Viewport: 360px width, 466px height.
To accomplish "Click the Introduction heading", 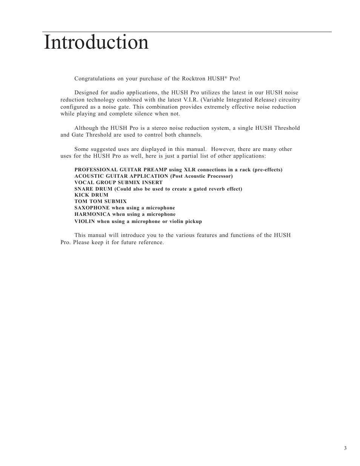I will pos(96,43).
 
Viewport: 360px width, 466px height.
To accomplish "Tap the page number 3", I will pos(345,448).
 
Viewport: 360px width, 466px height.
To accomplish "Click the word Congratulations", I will pos(95,78).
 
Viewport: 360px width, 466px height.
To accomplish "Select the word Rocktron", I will pos(194,78).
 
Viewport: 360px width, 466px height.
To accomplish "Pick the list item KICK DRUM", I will pos(91,195).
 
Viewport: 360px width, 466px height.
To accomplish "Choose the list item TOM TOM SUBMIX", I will pos(100,201).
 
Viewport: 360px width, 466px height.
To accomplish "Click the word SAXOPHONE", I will pos(92,208).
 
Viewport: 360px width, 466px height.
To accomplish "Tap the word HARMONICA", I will pos(92,214).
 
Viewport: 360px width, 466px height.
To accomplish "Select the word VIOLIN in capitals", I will pos(85,221).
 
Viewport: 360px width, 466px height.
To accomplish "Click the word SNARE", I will pos(84,189).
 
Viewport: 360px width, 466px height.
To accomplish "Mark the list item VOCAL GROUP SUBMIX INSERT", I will pos(118,182).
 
